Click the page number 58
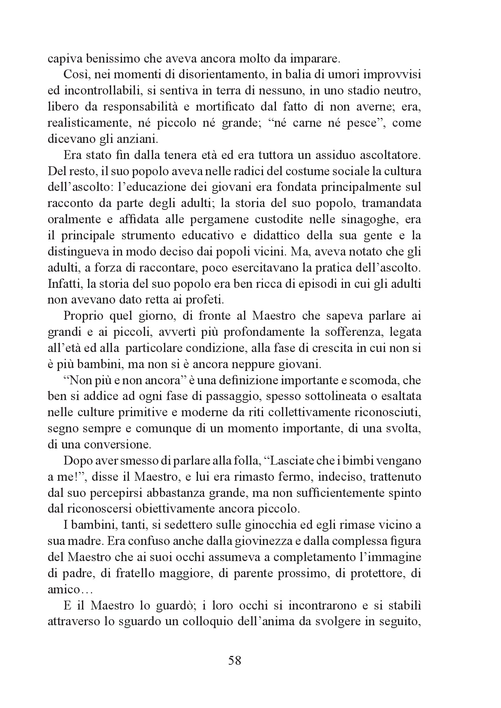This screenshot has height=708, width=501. pyautogui.click(x=235, y=660)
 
